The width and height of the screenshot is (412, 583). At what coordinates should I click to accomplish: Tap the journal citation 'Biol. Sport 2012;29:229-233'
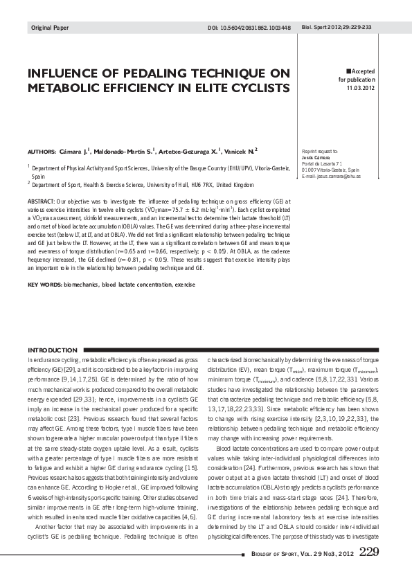point(337,28)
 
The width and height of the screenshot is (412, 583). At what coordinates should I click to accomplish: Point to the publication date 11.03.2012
point(361,88)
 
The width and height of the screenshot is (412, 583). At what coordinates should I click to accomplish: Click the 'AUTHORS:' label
point(42,150)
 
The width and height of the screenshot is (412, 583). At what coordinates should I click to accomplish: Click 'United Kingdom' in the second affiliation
point(234,186)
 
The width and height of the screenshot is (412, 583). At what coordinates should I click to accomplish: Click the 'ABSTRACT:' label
point(42,201)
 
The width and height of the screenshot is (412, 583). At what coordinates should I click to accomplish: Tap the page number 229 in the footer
point(369,551)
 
